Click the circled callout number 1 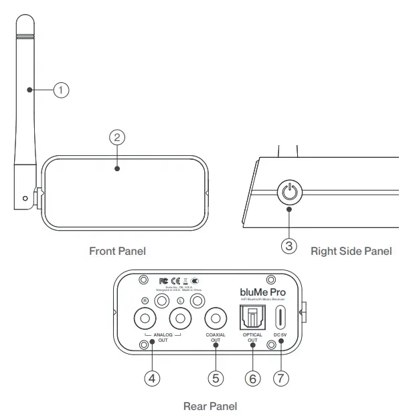pos(61,89)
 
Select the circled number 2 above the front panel pos(117,136)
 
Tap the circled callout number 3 pos(288,245)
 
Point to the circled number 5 pos(216,378)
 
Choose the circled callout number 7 pos(280,378)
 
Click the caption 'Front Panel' pos(117,251)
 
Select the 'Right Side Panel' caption pos(351,251)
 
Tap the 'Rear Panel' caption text pos(210,405)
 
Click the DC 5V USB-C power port pos(280,316)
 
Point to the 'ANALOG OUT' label pos(163,336)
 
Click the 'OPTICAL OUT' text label pos(252,337)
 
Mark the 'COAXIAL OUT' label pos(216,337)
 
